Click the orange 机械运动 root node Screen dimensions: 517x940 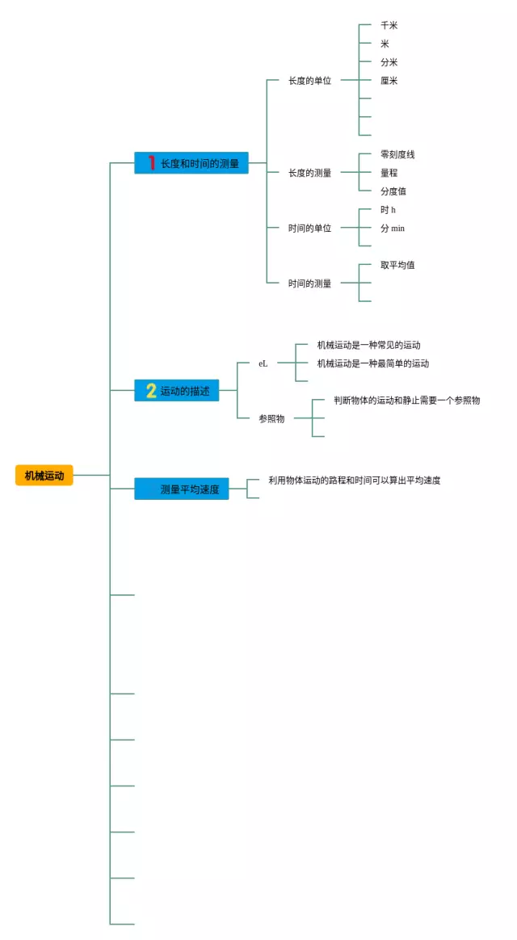44,476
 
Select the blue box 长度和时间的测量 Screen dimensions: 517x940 191,163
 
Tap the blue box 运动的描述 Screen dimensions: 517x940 176,391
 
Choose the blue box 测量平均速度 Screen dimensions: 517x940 181,489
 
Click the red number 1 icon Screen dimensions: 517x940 152,162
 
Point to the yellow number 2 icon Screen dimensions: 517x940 152,391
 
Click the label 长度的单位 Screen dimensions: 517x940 309,81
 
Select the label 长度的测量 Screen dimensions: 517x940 309,174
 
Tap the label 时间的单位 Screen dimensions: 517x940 309,229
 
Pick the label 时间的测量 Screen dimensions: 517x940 309,283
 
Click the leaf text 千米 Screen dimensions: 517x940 389,25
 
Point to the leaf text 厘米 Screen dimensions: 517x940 389,80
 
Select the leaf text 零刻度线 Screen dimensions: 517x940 397,155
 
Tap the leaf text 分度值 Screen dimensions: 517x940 393,191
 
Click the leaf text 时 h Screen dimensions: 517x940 388,210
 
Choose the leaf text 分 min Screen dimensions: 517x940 393,228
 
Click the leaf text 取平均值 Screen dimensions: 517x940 397,265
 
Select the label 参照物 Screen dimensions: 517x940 271,419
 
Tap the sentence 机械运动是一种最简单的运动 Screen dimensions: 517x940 373,363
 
